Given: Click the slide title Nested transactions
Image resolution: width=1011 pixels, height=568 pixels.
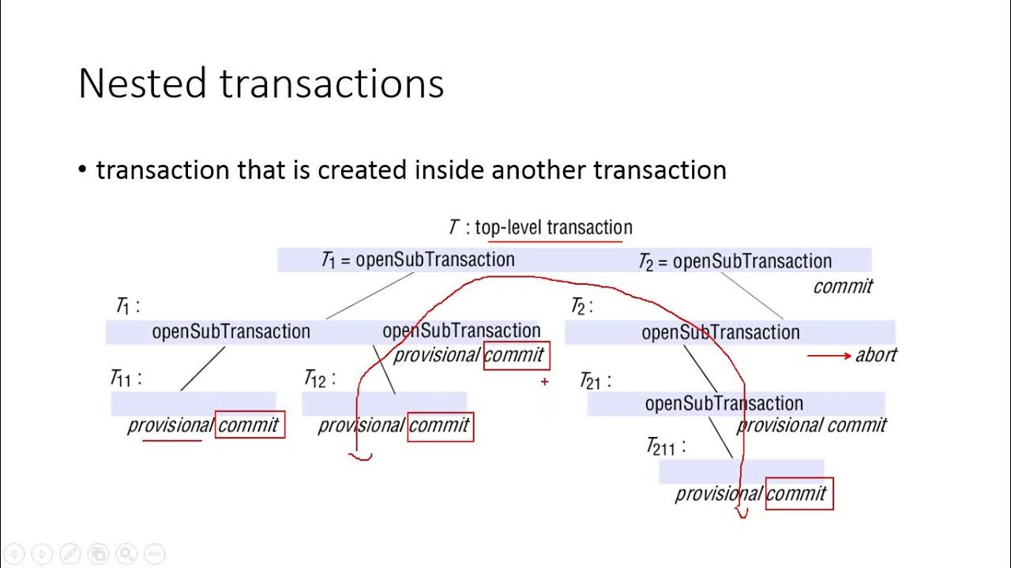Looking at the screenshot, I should click(261, 84).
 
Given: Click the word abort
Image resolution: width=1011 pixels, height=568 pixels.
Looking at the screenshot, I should click(876, 355).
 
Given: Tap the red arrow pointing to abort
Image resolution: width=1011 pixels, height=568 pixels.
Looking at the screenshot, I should click(829, 356).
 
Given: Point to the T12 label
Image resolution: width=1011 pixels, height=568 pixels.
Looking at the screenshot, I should click(319, 379).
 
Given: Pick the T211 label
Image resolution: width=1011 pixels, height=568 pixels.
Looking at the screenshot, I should click(665, 447).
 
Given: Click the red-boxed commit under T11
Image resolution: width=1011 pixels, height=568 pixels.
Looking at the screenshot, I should click(249, 425).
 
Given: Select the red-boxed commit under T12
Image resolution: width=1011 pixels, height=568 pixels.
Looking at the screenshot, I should click(440, 426).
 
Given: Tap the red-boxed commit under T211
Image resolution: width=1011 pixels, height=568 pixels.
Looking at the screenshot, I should click(799, 494).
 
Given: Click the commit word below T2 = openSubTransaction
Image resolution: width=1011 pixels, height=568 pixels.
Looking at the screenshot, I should click(843, 286).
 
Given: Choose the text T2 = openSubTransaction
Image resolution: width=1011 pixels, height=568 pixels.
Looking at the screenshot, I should click(735, 261).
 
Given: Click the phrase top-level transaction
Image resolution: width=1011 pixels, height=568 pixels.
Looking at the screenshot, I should click(553, 228).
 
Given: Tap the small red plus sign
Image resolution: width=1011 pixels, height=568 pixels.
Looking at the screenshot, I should click(544, 382).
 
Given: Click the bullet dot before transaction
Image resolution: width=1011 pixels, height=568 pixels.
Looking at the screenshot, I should click(83, 170).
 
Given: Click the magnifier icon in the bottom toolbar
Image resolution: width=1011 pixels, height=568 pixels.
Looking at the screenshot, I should click(126, 554).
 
